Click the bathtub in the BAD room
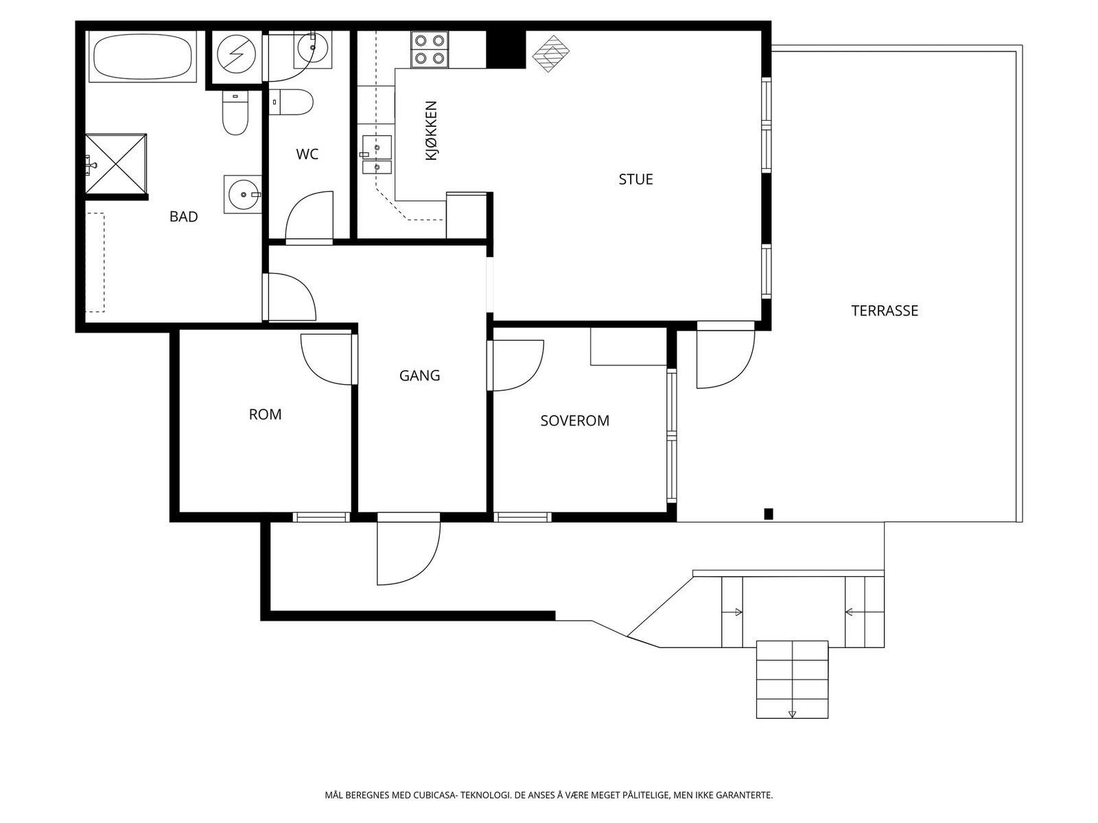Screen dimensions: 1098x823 point(142,56)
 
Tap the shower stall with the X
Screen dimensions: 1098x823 point(116,163)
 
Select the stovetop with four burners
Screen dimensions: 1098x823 point(430,49)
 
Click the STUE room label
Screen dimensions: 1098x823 point(635,179)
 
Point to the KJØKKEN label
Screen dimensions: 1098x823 point(431,130)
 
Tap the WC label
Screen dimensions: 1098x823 point(307,154)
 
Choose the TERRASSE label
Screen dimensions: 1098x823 point(885,311)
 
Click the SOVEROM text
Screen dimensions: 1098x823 point(575,420)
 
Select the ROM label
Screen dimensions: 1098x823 point(265,414)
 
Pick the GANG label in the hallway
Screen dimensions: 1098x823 point(420,375)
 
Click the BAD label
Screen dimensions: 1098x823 point(184,216)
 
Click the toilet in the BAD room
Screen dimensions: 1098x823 point(235,113)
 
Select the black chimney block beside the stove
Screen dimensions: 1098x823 point(506,49)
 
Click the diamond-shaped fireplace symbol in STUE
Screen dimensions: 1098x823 point(551,53)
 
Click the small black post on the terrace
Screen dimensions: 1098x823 point(769,514)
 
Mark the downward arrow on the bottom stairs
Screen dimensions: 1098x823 point(792,714)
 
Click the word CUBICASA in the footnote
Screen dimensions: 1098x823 point(434,795)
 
